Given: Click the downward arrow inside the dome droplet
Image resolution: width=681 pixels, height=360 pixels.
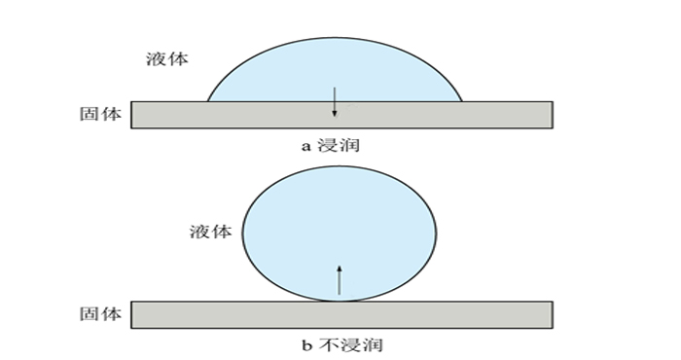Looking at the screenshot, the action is point(335,100).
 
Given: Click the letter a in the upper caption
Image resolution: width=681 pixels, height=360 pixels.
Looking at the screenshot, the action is point(305,145).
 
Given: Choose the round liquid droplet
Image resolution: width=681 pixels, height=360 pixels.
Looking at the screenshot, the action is point(339,234).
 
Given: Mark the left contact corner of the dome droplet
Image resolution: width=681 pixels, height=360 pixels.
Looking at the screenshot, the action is point(208,101).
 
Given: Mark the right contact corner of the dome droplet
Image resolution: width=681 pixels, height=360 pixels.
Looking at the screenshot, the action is point(462,101).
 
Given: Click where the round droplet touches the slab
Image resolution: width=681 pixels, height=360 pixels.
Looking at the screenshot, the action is point(339,301).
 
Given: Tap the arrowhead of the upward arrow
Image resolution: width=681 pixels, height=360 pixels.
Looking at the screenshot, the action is point(339,267).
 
